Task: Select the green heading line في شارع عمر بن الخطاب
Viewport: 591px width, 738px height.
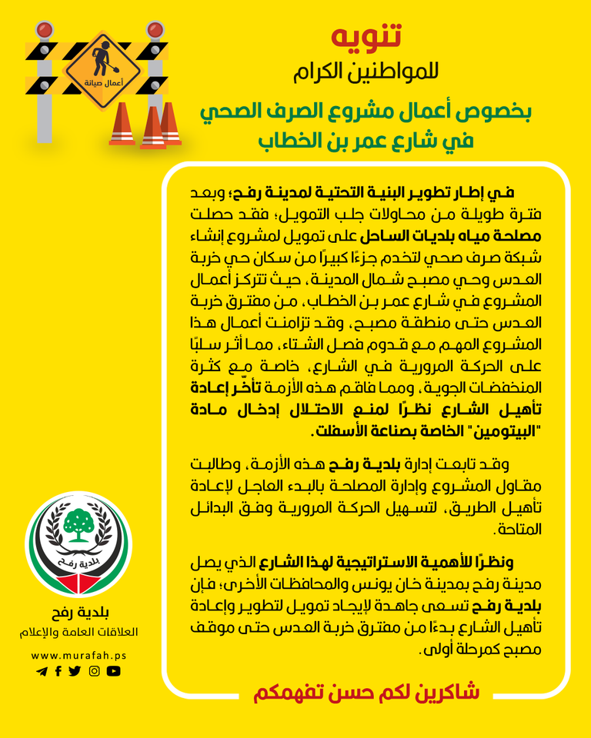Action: (x=366, y=141)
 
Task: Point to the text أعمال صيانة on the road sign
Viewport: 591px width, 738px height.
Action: (x=102, y=80)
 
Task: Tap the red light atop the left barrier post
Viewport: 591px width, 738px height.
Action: (x=44, y=30)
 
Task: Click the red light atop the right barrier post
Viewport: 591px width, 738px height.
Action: (x=155, y=30)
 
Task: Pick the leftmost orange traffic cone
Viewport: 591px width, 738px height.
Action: (x=122, y=125)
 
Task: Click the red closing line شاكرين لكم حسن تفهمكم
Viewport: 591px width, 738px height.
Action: (x=366, y=692)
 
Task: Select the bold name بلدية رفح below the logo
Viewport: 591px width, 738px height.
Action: (x=78, y=613)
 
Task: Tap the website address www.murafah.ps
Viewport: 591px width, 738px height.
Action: (x=78, y=656)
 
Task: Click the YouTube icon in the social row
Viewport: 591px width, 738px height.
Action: (x=114, y=671)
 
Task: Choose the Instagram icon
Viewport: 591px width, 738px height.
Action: (x=95, y=671)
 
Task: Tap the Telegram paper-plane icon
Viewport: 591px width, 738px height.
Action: (x=42, y=671)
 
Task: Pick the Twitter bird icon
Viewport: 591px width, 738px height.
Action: (x=75, y=671)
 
